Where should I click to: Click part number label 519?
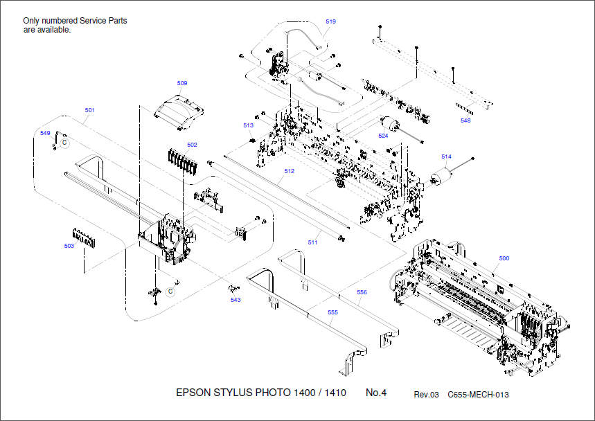[x=330, y=21]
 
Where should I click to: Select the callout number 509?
[x=182, y=83]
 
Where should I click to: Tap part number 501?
[x=90, y=110]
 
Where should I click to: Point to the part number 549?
[x=46, y=132]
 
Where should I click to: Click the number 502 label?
[x=192, y=145]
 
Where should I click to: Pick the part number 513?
[x=248, y=125]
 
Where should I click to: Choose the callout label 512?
[x=289, y=171]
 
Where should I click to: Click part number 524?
[x=383, y=136]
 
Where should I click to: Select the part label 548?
[x=465, y=120]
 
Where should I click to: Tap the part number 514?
[x=446, y=156]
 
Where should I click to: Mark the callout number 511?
[x=313, y=242]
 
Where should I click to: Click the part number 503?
[x=69, y=246]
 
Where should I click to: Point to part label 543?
[x=236, y=300]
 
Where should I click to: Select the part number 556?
[x=362, y=292]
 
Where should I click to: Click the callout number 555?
[x=333, y=312]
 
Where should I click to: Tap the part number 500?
[x=504, y=258]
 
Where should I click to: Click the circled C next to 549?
[x=64, y=142]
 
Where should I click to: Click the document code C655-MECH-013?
[x=478, y=395]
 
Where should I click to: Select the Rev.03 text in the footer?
[x=426, y=395]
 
